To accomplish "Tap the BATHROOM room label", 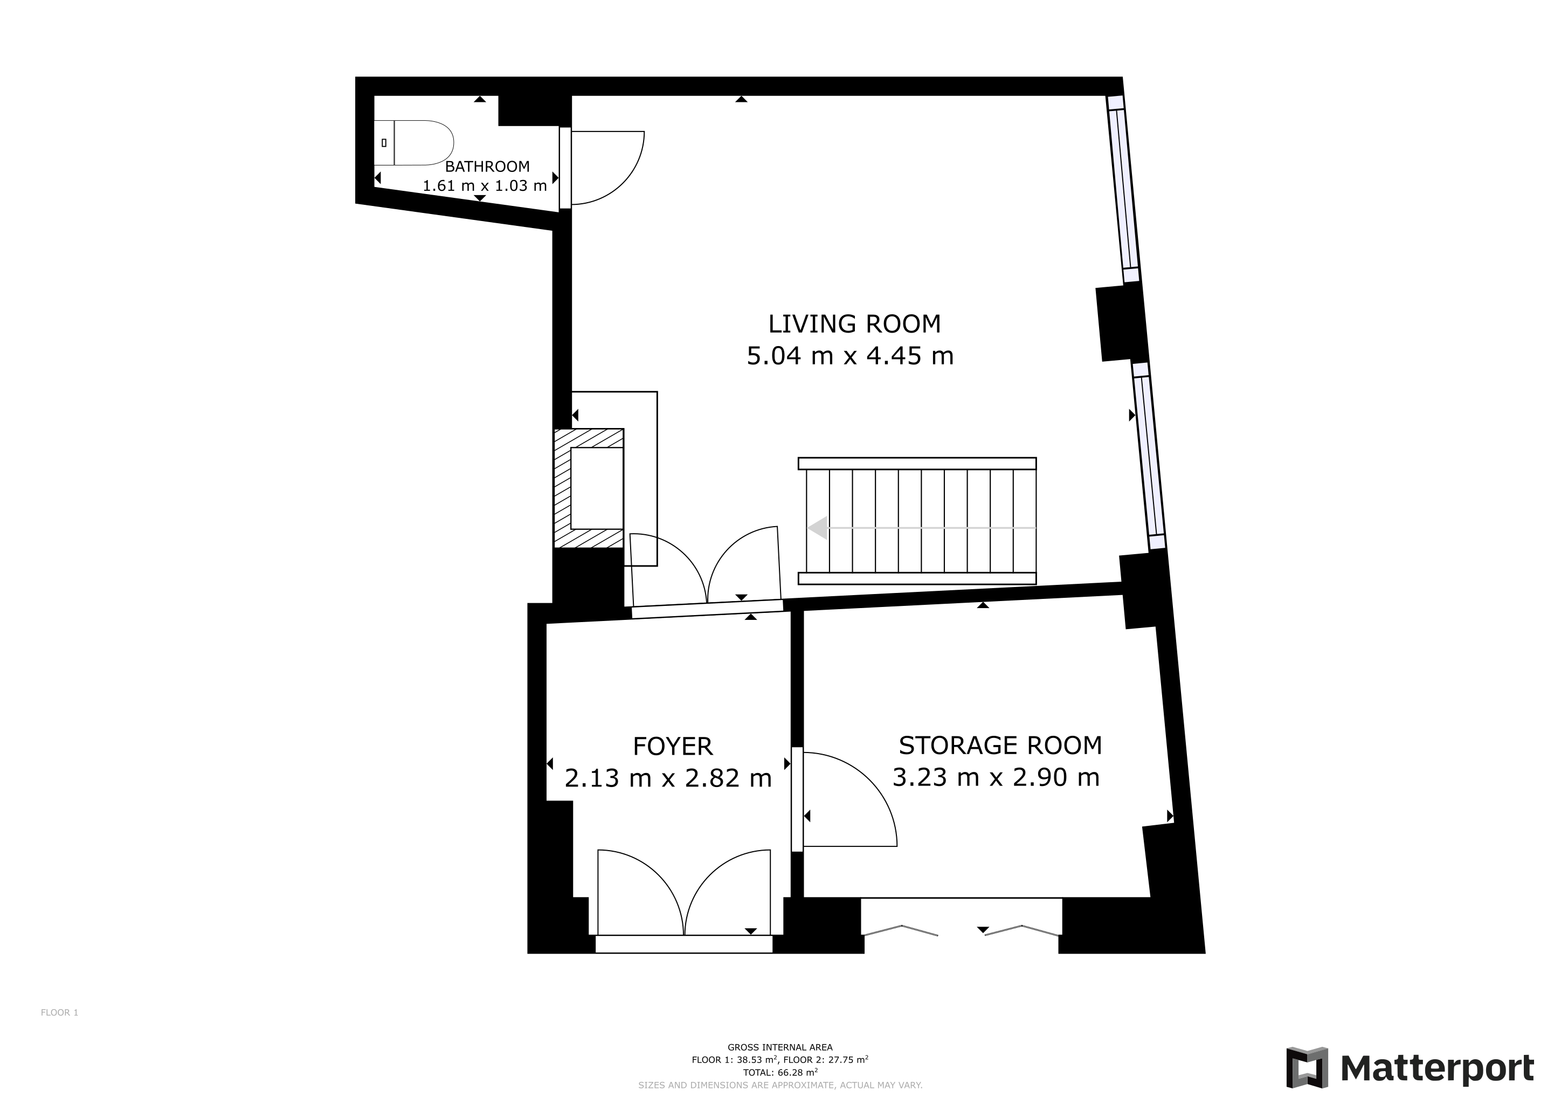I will [487, 167].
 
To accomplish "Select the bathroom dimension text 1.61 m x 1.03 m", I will [485, 185].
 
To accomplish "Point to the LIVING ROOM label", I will [854, 325].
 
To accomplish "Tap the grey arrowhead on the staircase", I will [818, 528].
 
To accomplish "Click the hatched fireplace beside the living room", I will [589, 488].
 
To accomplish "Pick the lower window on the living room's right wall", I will [1149, 456].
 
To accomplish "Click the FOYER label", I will [672, 747].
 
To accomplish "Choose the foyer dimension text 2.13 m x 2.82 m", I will [668, 778].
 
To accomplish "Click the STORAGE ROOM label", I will [999, 746].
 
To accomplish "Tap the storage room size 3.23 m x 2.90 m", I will [996, 777].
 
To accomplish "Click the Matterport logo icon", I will [1307, 1067].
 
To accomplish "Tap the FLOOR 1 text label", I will [60, 1013].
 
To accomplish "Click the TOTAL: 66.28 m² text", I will [780, 1073].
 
